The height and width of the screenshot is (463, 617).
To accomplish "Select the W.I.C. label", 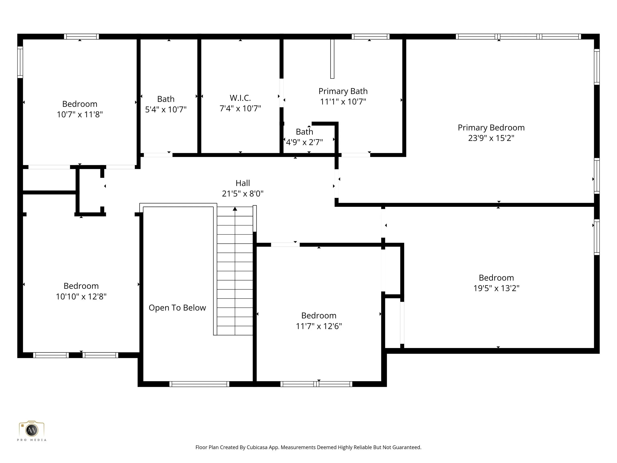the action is pyautogui.click(x=240, y=98).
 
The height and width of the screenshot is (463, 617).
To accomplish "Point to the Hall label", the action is pyautogui.click(x=243, y=183).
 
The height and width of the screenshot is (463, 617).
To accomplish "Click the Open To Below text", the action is pyautogui.click(x=177, y=307).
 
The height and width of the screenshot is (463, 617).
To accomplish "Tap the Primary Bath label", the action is pyautogui.click(x=343, y=91).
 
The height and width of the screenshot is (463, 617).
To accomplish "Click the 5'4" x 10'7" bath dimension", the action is pyautogui.click(x=166, y=109).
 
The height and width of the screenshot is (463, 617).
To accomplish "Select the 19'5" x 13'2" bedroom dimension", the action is pyautogui.click(x=496, y=288).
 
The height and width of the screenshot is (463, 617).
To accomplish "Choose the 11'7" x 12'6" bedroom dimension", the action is pyautogui.click(x=319, y=326).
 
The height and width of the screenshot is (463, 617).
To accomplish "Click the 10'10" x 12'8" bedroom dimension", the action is pyautogui.click(x=81, y=296).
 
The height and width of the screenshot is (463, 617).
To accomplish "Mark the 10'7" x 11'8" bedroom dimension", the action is pyautogui.click(x=80, y=114).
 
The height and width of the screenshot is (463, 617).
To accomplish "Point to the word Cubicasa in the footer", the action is pyautogui.click(x=257, y=447).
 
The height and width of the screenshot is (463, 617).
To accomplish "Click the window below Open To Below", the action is pyautogui.click(x=199, y=384).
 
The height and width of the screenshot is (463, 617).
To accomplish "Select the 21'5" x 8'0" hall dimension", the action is pyautogui.click(x=243, y=193).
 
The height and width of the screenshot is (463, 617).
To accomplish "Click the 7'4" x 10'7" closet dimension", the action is pyautogui.click(x=240, y=108).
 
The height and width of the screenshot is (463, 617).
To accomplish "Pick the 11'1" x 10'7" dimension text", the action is pyautogui.click(x=343, y=102).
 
